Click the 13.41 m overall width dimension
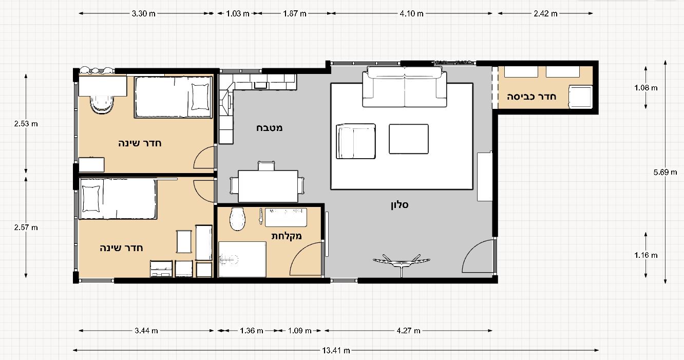click(x=336, y=350)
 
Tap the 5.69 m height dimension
click(x=665, y=172)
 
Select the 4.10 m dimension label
click(x=412, y=13)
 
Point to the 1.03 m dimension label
click(x=238, y=13)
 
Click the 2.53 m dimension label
click(x=26, y=124)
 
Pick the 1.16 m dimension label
click(x=646, y=255)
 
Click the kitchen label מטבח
click(x=269, y=128)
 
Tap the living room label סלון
click(x=400, y=205)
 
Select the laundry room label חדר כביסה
click(x=531, y=97)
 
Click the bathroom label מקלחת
click(x=287, y=236)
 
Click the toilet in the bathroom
click(x=237, y=219)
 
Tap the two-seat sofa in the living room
click(x=405, y=87)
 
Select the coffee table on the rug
click(x=409, y=139)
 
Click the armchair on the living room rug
click(x=356, y=141)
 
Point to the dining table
click(x=268, y=186)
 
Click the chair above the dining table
click(x=267, y=166)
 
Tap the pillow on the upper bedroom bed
click(x=200, y=97)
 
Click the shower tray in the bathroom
click(x=242, y=259)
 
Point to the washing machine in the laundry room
click(x=580, y=97)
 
